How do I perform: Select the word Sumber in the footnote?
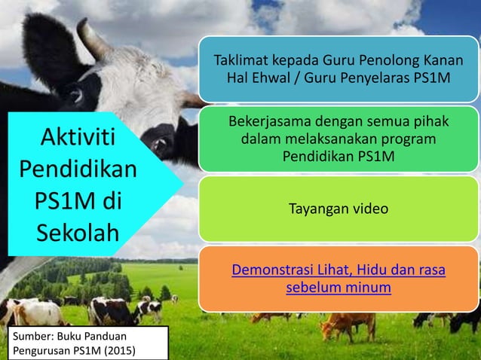[27, 336]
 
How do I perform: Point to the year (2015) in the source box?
[124, 350]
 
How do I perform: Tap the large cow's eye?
[75, 96]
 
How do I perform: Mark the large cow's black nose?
[160, 140]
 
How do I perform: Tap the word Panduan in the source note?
[98, 336]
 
